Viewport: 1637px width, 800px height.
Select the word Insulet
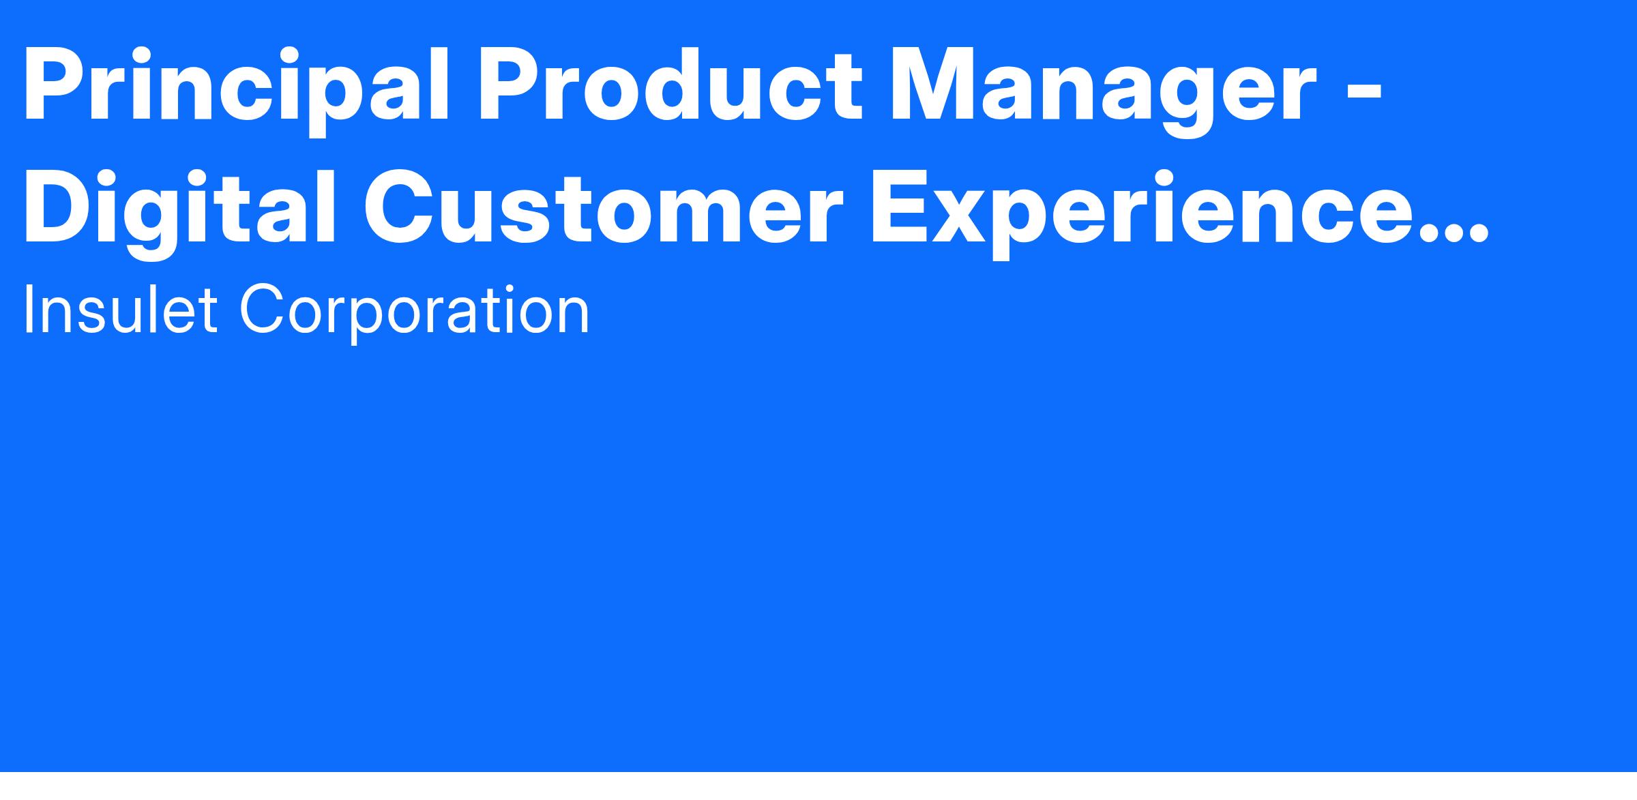pyautogui.click(x=120, y=310)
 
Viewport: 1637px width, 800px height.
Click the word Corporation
pyautogui.click(x=414, y=312)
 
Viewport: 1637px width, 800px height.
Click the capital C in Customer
pyautogui.click(x=402, y=206)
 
